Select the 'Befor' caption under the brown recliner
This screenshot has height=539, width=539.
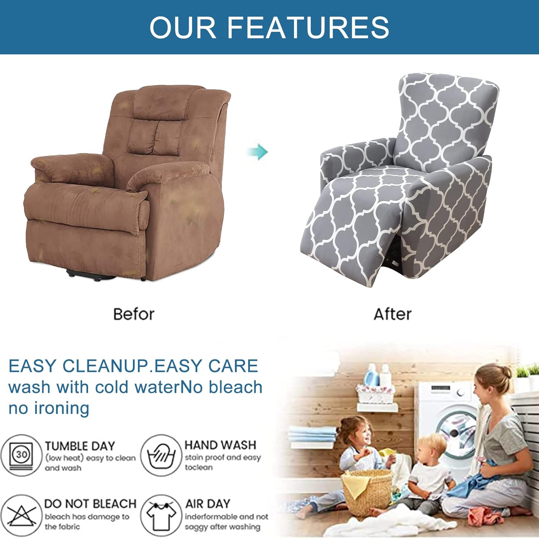pyautogui.click(x=134, y=314)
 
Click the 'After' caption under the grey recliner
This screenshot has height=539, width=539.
pyautogui.click(x=392, y=314)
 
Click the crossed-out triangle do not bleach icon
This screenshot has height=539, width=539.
pyautogui.click(x=22, y=515)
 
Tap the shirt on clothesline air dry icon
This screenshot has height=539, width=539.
pyautogui.click(x=161, y=515)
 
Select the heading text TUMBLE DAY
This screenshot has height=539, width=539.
pyautogui.click(x=80, y=446)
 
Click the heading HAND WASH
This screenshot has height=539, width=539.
pyautogui.click(x=220, y=445)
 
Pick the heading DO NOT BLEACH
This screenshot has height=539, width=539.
pyautogui.click(x=90, y=504)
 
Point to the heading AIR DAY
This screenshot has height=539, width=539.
pyautogui.click(x=208, y=504)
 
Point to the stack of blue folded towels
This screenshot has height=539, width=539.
pyautogui.click(x=312, y=436)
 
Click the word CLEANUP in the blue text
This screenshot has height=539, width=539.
pyautogui.click(x=105, y=366)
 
